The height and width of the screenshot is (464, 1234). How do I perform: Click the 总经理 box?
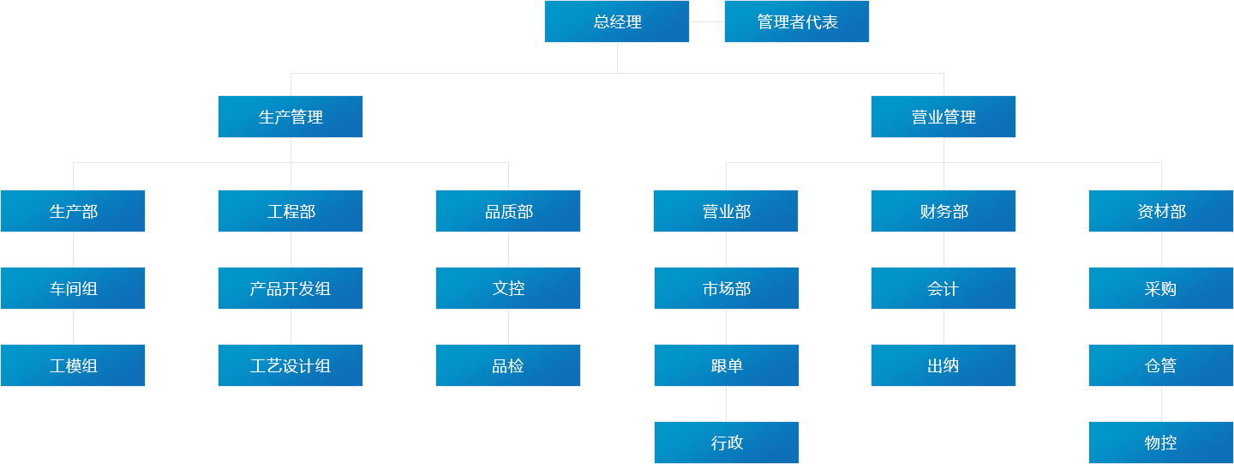(617, 21)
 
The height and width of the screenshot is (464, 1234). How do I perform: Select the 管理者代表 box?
(797, 21)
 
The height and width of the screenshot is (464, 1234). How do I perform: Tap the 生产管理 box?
(291, 117)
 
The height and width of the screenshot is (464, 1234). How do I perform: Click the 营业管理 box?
(943, 117)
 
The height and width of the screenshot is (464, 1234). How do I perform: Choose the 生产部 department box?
(73, 211)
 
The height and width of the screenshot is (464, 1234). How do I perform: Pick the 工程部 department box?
(291, 211)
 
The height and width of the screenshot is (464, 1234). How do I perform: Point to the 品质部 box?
(508, 211)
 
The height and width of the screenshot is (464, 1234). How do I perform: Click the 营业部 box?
(726, 211)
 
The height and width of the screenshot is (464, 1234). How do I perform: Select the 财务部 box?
(943, 211)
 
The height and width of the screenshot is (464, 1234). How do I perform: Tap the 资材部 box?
(1161, 211)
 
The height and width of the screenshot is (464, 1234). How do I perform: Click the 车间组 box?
(73, 288)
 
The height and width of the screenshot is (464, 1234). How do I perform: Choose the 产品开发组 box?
(291, 288)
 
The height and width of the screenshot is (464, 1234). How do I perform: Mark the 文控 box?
(508, 288)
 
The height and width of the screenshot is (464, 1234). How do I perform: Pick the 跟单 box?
(727, 365)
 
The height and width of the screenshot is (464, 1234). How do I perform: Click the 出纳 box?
(943, 365)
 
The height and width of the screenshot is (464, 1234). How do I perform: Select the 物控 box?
(1161, 443)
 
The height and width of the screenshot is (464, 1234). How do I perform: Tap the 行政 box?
(727, 443)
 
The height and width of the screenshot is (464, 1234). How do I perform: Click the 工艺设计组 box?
(291, 365)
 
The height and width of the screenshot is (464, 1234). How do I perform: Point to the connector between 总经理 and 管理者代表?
(707, 21)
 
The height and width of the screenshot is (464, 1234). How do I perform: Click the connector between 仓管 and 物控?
(1161, 404)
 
